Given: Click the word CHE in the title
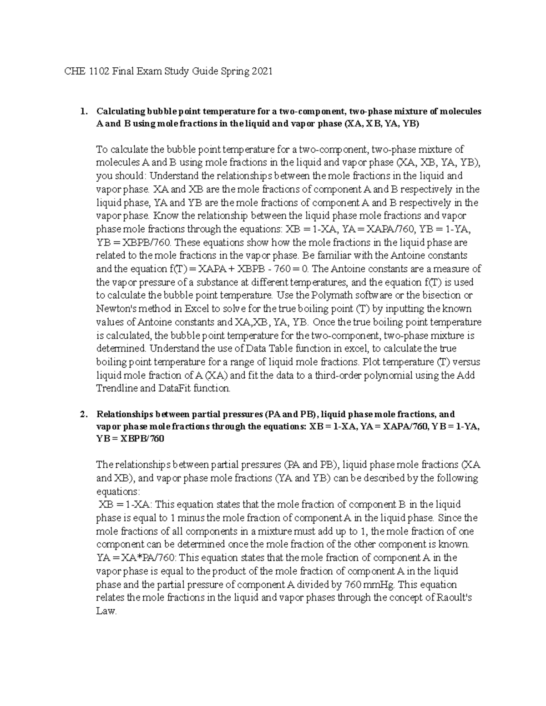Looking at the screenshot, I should click(71, 71).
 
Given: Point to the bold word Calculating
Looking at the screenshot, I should click(119, 111).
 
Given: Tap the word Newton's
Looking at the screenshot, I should click(115, 309).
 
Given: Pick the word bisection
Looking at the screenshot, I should click(442, 295).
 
